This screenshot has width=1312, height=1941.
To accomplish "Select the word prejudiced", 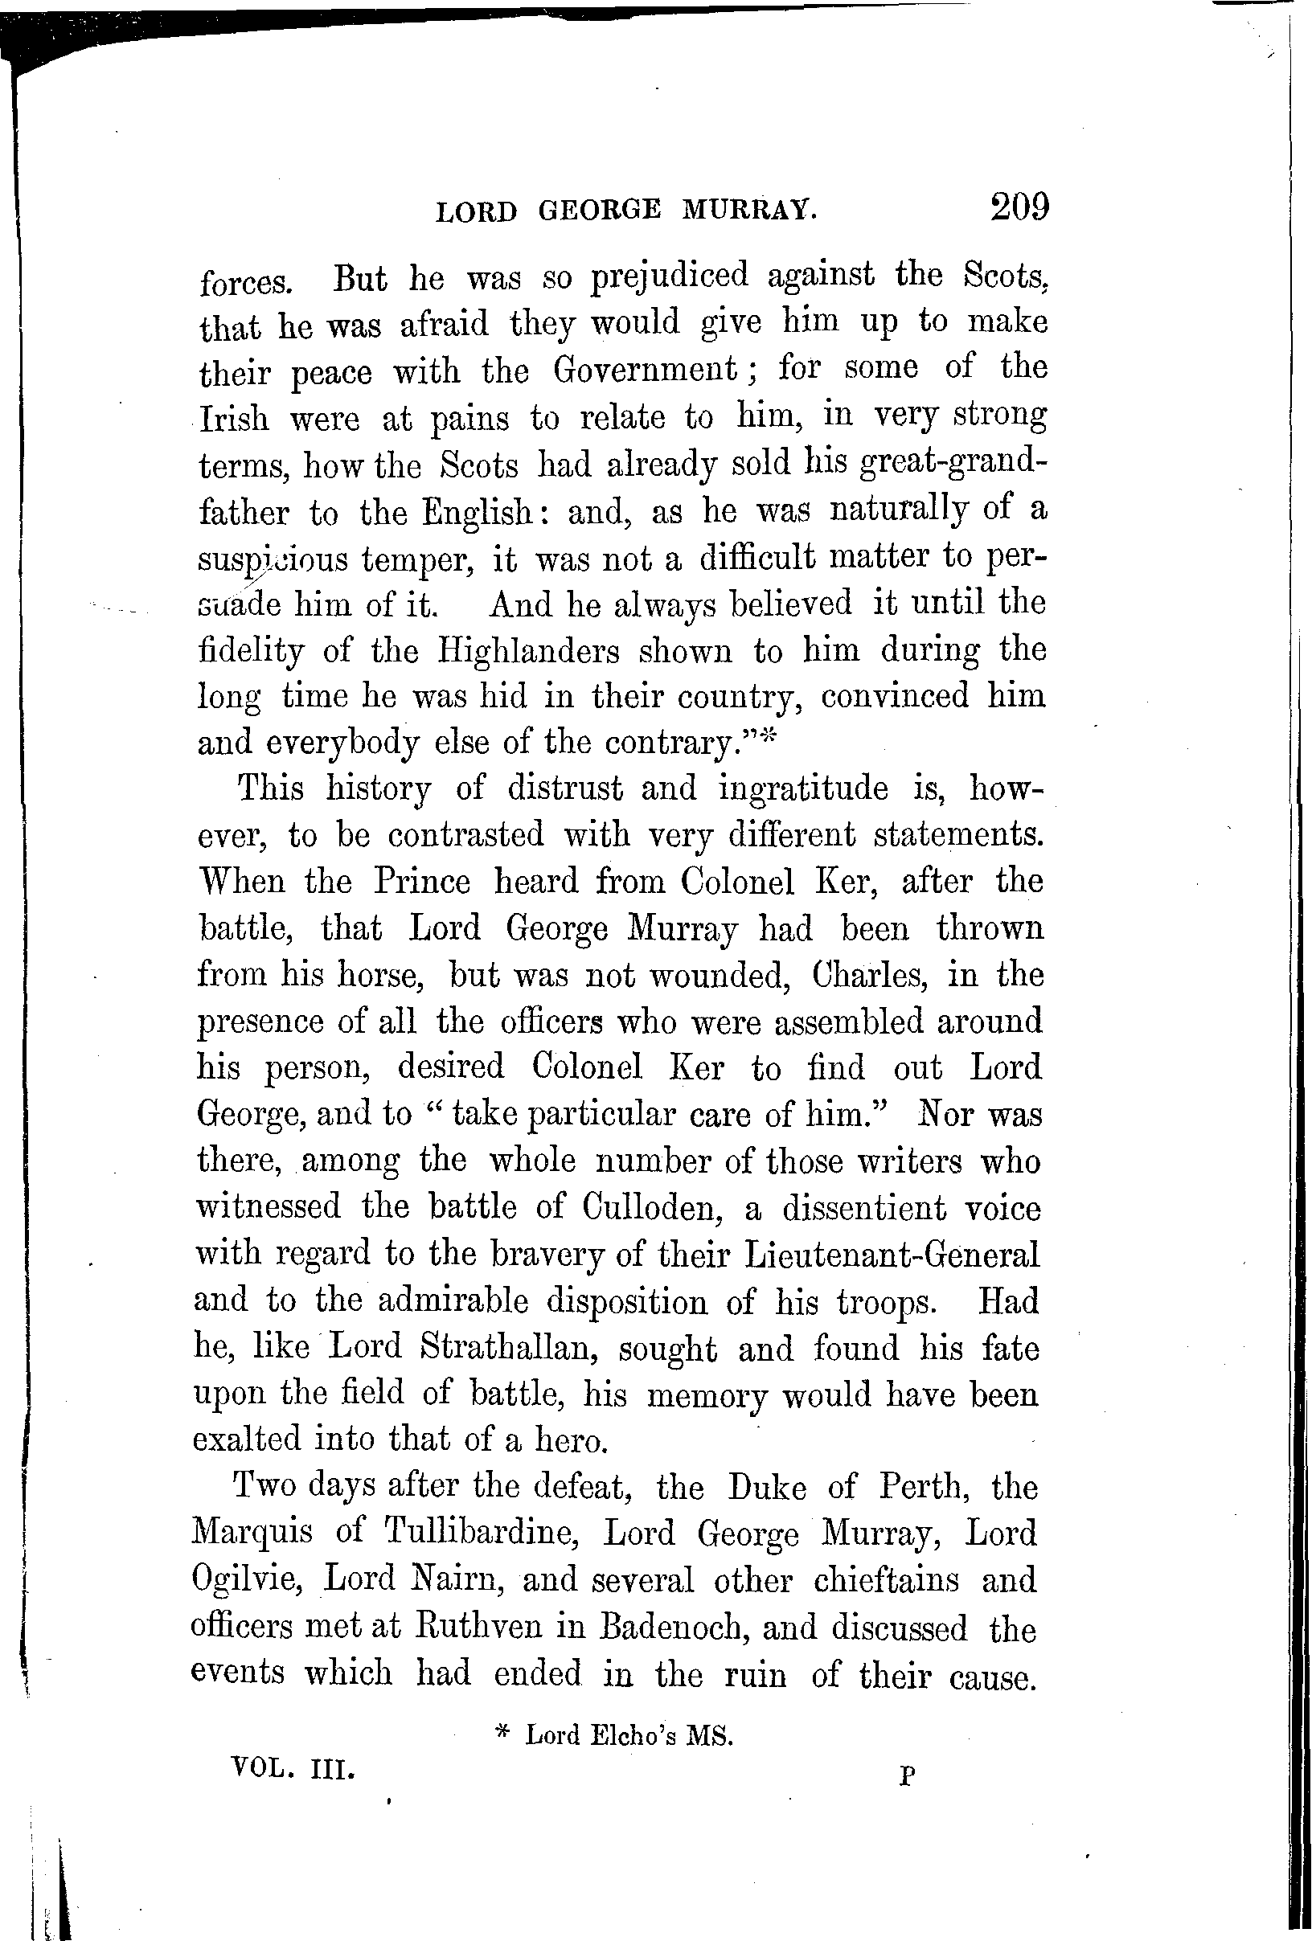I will [x=670, y=276].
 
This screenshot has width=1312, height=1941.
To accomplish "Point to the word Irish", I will [x=234, y=418].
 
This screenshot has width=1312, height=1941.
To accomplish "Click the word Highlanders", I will [x=529, y=651].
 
